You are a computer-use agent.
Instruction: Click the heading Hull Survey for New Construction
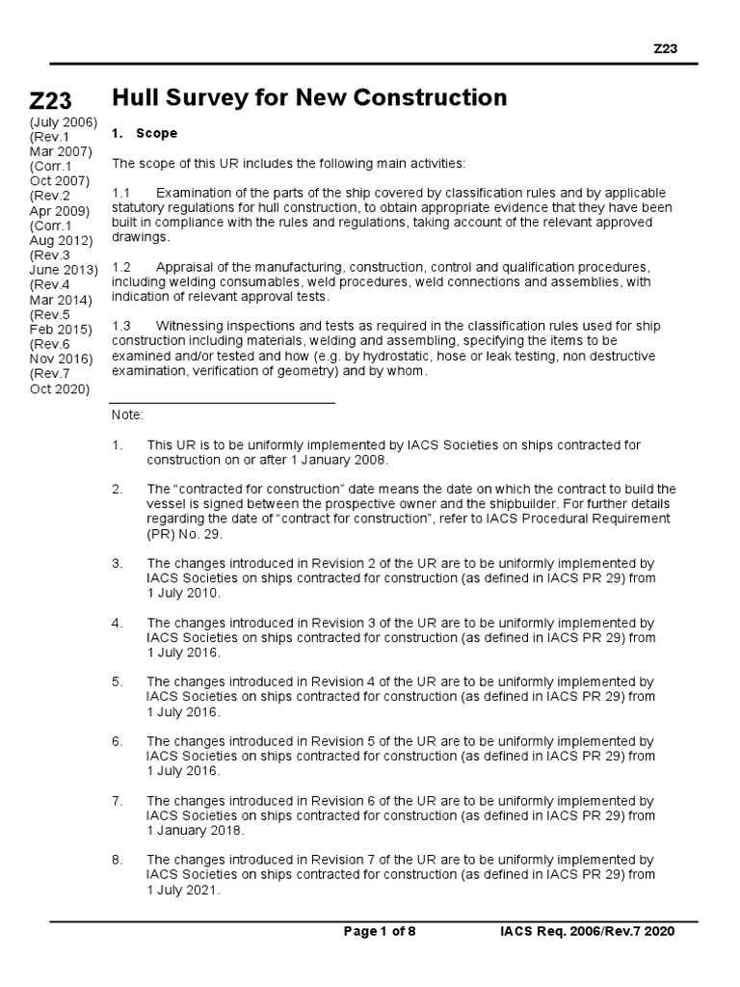point(309,97)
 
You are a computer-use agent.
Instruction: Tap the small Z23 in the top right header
point(666,49)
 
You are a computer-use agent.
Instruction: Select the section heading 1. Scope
point(145,133)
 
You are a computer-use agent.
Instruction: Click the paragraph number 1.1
point(121,193)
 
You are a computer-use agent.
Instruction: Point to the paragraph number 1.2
point(121,266)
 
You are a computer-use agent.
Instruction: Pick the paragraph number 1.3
point(121,326)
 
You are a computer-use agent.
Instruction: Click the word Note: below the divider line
point(127,414)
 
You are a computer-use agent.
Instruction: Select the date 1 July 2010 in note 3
point(183,593)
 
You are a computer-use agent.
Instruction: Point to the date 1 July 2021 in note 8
point(183,890)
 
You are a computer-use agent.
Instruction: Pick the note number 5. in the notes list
point(117,682)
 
